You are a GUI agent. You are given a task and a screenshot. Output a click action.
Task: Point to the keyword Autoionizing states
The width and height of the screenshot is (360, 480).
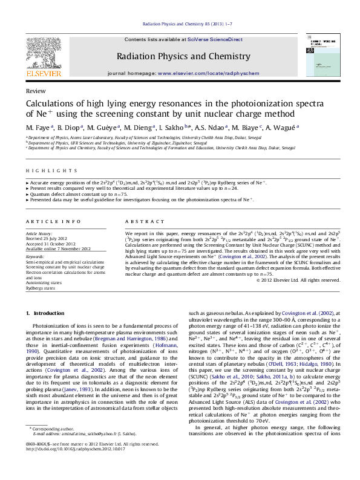(44, 282)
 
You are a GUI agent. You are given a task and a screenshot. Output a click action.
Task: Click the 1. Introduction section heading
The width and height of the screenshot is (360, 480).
(46, 313)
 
